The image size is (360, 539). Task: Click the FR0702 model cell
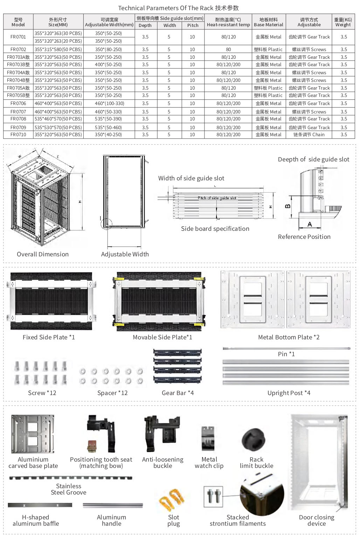pos(18,49)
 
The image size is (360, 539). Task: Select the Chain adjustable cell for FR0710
pos(309,134)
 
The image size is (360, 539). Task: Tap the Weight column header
pos(343,22)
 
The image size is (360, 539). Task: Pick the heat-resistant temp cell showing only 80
pos(228,49)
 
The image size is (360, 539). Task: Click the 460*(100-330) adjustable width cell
pos(109,103)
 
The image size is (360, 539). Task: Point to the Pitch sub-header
pos(193,25)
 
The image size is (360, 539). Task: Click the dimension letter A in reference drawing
pos(310,224)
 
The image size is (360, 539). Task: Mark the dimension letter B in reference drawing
pos(288,206)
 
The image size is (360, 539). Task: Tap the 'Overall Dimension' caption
pos(43,254)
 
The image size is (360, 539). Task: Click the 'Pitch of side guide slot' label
pos(217,198)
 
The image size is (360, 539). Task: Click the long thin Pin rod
pos(286,348)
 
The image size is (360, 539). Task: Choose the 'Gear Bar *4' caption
pos(178,393)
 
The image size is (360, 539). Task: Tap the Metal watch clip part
pos(208,438)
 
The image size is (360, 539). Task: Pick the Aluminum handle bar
pos(113,505)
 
